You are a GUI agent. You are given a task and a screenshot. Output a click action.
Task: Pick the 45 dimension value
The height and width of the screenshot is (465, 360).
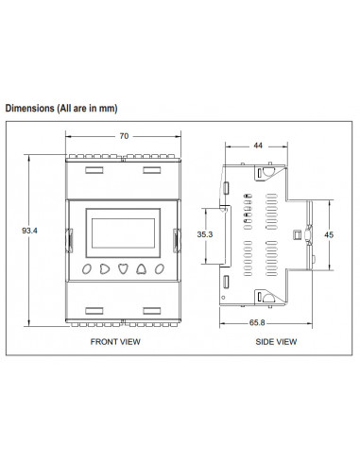(328, 234)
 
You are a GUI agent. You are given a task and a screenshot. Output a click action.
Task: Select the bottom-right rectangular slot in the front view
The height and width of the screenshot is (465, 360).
(152, 308)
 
